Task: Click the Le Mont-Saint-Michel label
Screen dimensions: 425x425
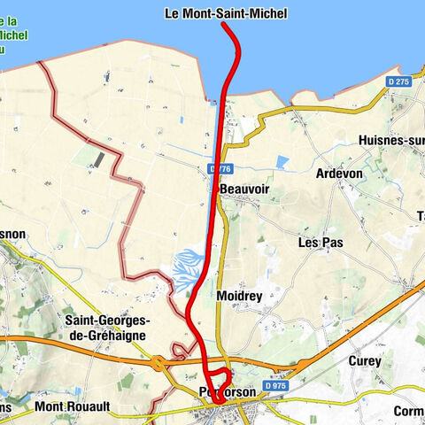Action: [x=226, y=13]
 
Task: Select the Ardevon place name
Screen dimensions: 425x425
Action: [x=339, y=174]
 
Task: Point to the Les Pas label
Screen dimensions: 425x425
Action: [x=320, y=242]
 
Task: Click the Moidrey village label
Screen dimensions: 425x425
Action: [x=238, y=296]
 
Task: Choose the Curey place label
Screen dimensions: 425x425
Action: [x=364, y=361]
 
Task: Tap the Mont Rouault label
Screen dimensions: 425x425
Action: [x=73, y=407]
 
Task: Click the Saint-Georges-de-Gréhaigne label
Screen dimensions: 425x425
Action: [x=105, y=328]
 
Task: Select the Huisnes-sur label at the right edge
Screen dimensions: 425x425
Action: [x=390, y=141]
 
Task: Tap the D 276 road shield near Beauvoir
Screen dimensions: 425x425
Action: [x=220, y=169]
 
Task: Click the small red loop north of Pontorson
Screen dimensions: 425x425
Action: [x=220, y=375]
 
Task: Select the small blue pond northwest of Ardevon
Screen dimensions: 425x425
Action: [x=282, y=162]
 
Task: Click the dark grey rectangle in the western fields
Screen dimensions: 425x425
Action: [x=98, y=158]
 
